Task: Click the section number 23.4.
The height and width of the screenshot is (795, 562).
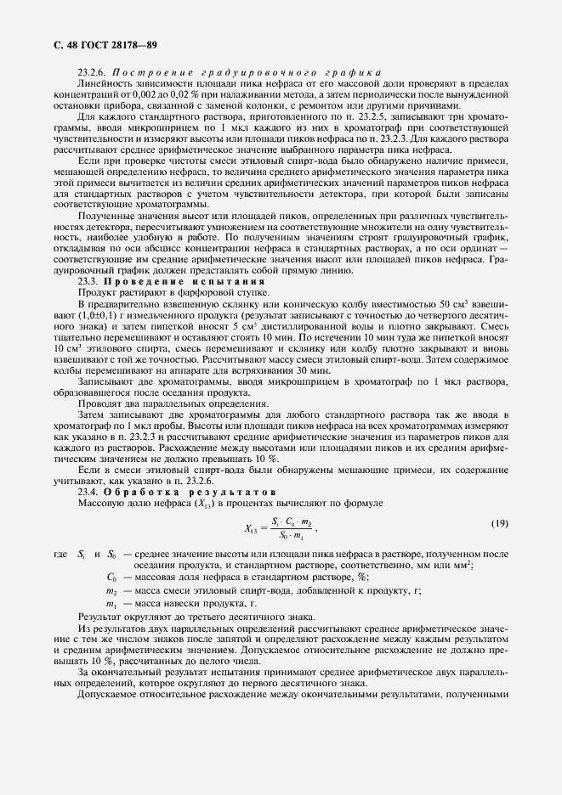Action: tap(88, 492)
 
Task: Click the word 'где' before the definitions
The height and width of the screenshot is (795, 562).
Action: tap(60, 555)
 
